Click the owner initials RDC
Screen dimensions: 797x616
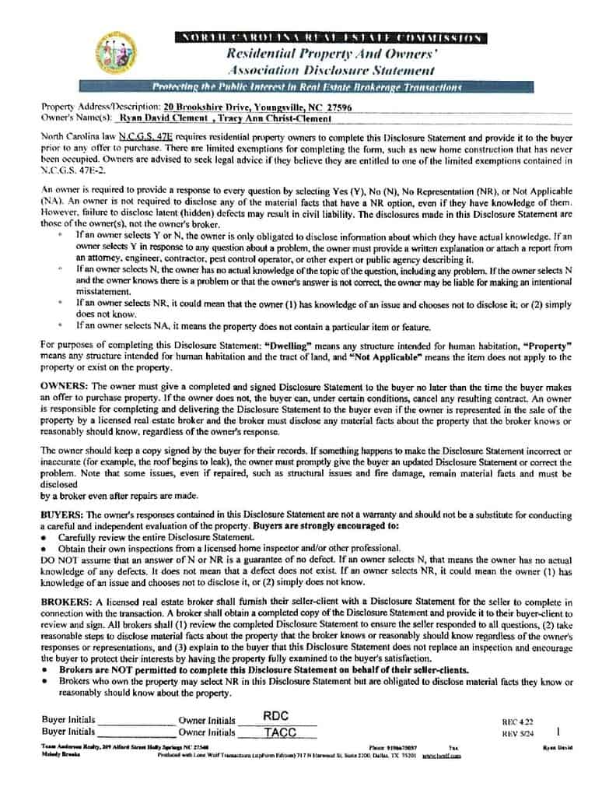tap(276, 716)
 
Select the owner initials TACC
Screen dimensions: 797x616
tap(276, 732)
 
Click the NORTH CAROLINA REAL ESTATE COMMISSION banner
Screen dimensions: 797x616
tap(331, 37)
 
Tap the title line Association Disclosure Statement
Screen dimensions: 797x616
tap(331, 69)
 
